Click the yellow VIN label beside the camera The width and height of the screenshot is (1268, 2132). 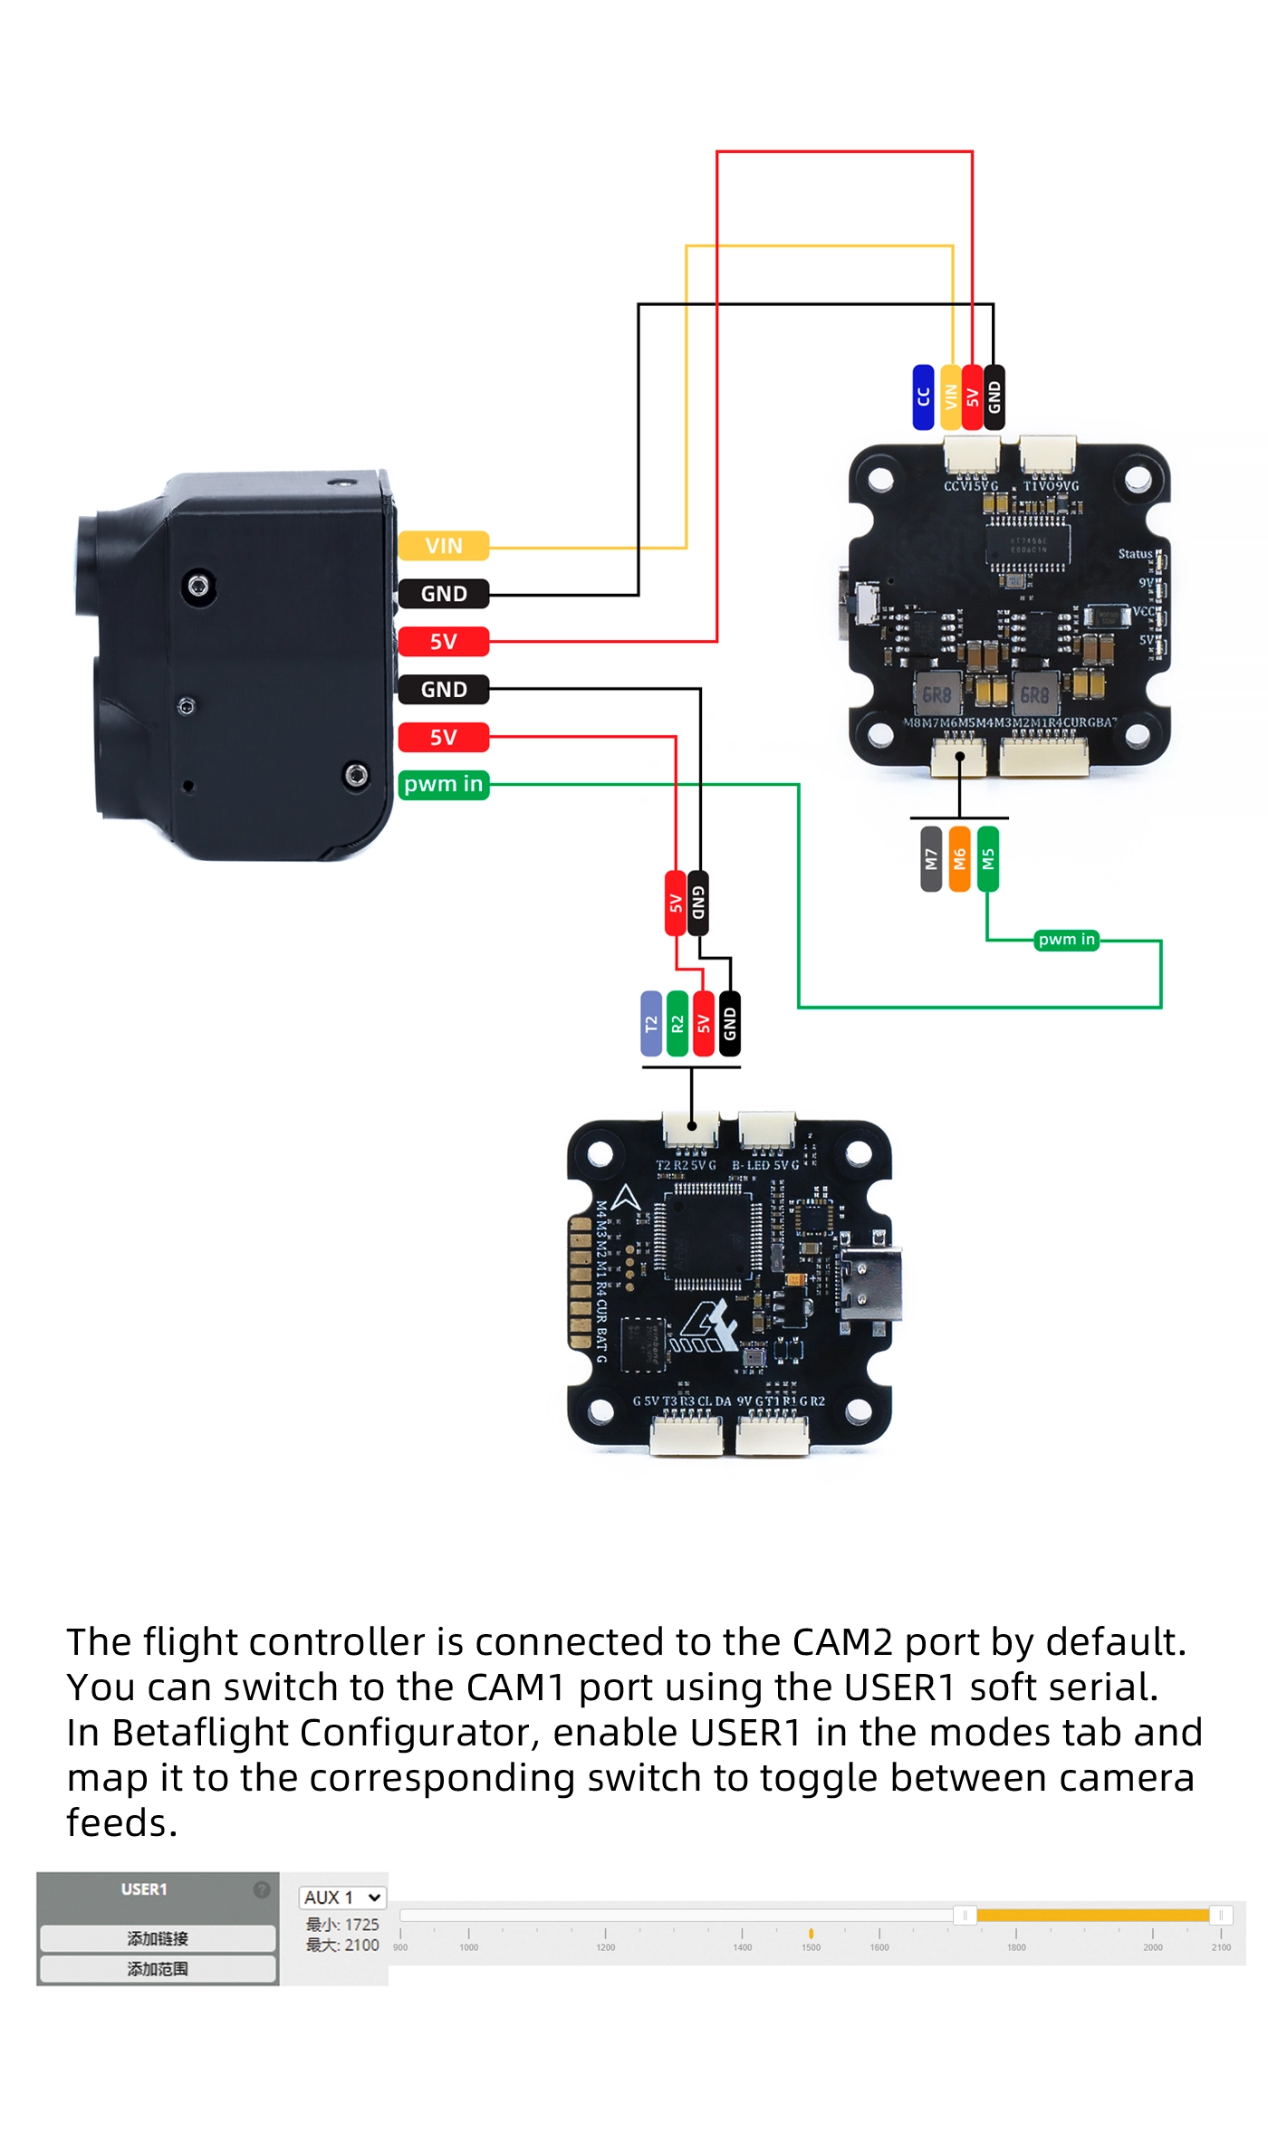pos(443,546)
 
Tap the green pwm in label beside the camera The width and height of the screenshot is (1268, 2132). pos(443,784)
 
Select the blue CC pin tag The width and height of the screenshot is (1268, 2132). pos(923,397)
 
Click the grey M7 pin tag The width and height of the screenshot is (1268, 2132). pos(931,858)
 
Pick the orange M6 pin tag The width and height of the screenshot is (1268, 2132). pos(959,858)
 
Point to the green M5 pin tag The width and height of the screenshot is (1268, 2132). pos(988,858)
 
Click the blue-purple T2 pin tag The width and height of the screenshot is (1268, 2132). pos(650,1023)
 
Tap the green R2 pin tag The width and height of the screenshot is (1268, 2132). pos(677,1023)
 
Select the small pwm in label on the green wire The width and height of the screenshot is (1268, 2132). pos(1066,940)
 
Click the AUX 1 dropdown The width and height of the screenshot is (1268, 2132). pos(342,1897)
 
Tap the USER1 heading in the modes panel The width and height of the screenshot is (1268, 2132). pos(144,1888)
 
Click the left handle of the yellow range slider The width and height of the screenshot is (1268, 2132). pos(965,1915)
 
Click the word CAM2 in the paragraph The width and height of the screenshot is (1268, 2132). pos(841,1642)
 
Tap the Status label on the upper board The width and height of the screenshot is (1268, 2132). pos(1135,554)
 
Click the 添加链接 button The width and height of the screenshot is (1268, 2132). pos(158,1938)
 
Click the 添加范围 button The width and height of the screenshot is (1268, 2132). pos(158,1969)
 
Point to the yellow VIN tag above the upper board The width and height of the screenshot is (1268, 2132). pos(951,397)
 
